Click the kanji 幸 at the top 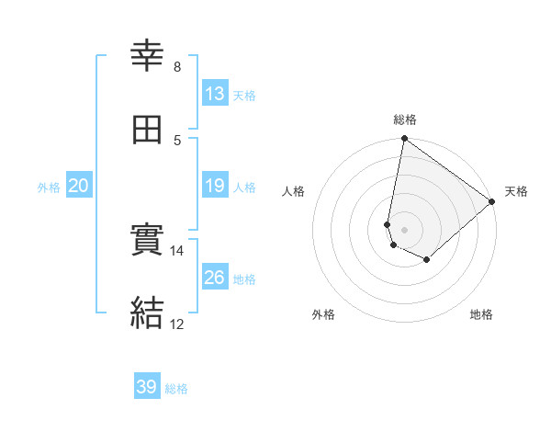(x=148, y=57)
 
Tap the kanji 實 (x=148, y=242)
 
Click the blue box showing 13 (x=214, y=94)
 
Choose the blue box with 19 (x=214, y=186)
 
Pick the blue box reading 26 (x=214, y=278)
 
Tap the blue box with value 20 (x=78, y=186)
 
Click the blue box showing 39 (x=147, y=387)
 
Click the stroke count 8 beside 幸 (x=177, y=66)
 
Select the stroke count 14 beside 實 (x=177, y=250)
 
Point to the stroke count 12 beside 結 (x=177, y=324)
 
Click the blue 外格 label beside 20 (x=49, y=187)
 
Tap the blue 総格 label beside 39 (x=176, y=388)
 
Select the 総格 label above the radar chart (x=404, y=119)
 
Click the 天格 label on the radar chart (x=516, y=191)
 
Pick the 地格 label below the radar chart (x=481, y=314)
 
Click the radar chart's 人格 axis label (x=294, y=191)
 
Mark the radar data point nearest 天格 (x=492, y=202)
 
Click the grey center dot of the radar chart (x=404, y=229)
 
